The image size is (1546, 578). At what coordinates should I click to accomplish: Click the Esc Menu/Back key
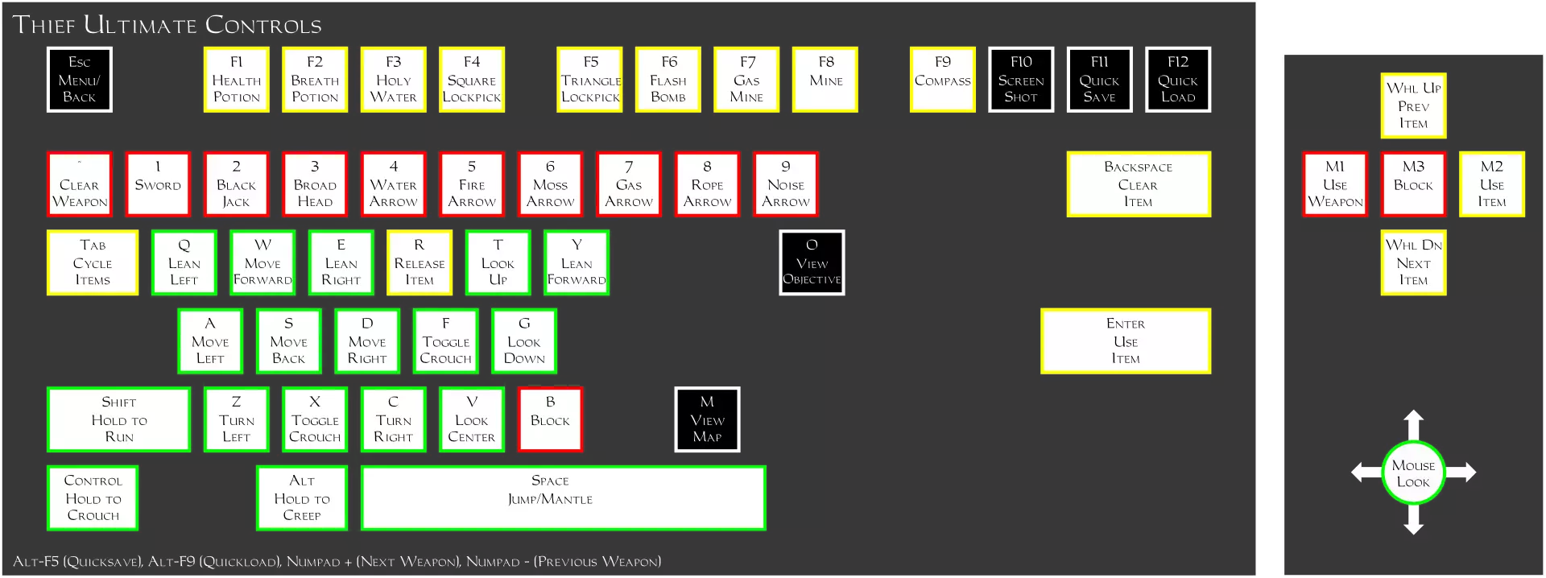pos(79,80)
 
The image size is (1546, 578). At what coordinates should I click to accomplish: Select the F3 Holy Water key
pos(393,80)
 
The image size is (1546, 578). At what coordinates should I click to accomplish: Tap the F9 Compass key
pos(942,80)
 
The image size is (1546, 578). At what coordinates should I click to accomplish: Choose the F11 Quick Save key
pos(1099,80)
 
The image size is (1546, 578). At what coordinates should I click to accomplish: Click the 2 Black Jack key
pos(236,184)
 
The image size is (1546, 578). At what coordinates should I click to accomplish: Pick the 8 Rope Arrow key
pos(707,184)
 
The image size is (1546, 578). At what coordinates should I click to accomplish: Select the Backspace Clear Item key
pos(1138,184)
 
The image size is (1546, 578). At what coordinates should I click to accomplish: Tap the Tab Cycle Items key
pos(93,262)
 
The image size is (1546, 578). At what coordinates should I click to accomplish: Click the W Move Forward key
pos(262,262)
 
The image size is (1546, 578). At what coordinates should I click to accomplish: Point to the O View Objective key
pos(812,262)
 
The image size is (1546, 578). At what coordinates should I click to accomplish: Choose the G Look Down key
pos(524,341)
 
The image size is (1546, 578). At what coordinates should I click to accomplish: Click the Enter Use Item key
pos(1125,341)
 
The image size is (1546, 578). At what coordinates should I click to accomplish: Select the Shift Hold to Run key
pos(118,419)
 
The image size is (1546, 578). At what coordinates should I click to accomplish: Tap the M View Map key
pos(707,419)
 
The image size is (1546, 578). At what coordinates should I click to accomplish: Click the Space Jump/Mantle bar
pos(563,498)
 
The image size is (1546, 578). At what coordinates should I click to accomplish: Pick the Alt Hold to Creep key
pos(302,498)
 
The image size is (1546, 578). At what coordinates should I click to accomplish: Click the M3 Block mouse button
pos(1413,184)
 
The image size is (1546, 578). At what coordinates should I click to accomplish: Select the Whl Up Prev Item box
pos(1413,105)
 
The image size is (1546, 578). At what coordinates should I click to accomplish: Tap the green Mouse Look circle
pos(1413,473)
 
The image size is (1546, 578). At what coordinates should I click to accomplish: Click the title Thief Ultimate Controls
pos(167,25)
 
